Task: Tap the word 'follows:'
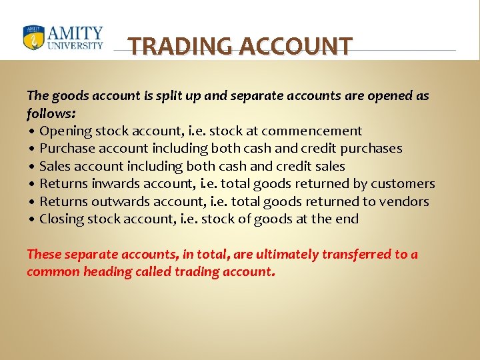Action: point(51,113)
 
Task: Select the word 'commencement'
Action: point(315,131)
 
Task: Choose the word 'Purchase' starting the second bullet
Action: point(67,148)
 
